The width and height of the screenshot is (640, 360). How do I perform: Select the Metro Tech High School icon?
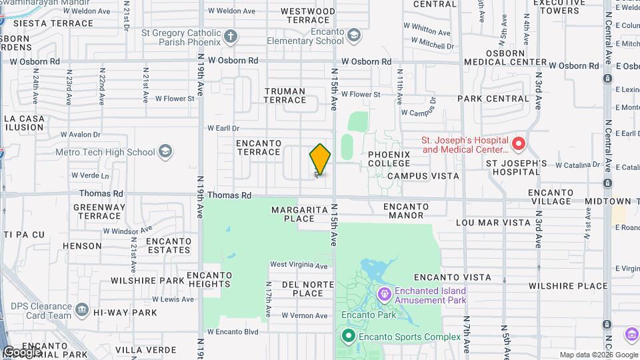tap(165, 152)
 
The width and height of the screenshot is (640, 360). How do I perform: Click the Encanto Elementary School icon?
tap(353, 35)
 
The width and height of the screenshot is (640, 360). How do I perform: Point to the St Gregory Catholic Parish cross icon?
tap(230, 36)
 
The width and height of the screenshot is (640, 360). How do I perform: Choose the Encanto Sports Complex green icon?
tap(348, 337)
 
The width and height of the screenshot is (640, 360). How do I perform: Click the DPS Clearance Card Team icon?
tap(82, 309)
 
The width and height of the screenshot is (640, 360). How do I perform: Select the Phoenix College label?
tap(389, 159)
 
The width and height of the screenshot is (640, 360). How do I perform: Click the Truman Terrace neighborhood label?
tap(285, 95)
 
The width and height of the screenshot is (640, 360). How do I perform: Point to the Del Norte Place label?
tap(303, 288)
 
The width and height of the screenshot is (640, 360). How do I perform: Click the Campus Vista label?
tap(423, 176)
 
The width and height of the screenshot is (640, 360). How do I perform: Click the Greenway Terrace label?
tap(99, 211)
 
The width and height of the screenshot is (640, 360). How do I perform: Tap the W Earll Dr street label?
tap(223, 128)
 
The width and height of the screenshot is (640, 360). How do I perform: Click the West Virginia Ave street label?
tap(299, 265)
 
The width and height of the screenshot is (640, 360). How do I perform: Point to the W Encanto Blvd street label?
tap(232, 331)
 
